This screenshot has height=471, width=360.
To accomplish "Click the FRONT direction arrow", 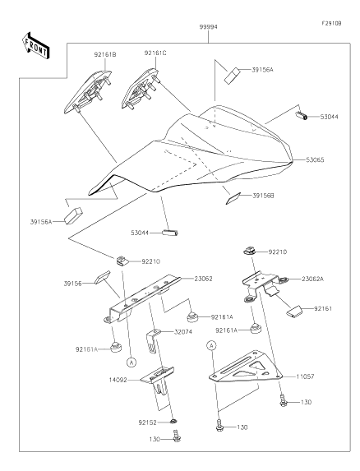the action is click(35, 45).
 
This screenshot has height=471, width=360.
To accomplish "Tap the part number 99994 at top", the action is click(209, 27).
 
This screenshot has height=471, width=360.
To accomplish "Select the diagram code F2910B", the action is click(331, 23).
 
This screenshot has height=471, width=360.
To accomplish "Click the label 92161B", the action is click(105, 55).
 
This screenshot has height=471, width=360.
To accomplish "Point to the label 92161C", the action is click(155, 53).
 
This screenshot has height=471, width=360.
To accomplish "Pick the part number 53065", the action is click(315, 159).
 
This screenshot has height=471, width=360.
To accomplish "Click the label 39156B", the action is click(263, 196).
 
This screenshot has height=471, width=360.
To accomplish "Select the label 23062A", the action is click(312, 279).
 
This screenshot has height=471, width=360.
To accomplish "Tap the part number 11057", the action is click(305, 376).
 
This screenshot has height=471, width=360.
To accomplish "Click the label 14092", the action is click(118, 380).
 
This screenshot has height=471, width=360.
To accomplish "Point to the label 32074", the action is click(183, 332).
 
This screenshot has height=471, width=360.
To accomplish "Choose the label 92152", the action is click(147, 423).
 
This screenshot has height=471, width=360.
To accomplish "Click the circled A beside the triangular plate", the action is click(211, 345).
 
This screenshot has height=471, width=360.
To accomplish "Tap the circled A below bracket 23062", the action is click(132, 362).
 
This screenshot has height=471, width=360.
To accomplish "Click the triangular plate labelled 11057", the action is click(246, 367).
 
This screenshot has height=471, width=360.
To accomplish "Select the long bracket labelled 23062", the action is click(143, 298).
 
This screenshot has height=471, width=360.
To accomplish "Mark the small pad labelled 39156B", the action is click(233, 199).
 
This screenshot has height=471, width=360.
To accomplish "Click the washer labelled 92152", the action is click(173, 421).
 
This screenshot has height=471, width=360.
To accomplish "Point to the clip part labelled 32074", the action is click(153, 341).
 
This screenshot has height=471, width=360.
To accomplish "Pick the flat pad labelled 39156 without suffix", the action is click(102, 277).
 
